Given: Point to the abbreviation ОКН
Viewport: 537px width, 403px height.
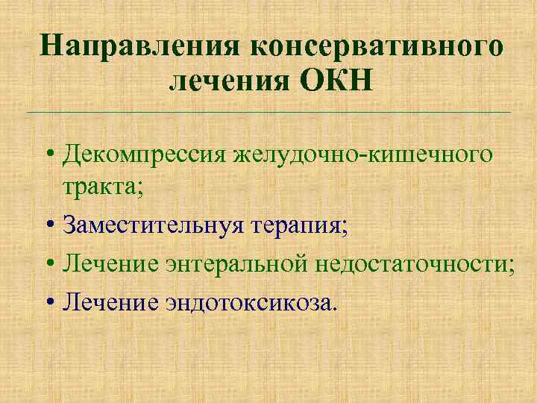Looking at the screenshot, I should click(x=334, y=80).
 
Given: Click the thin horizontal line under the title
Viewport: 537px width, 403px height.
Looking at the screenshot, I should click(x=268, y=112).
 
